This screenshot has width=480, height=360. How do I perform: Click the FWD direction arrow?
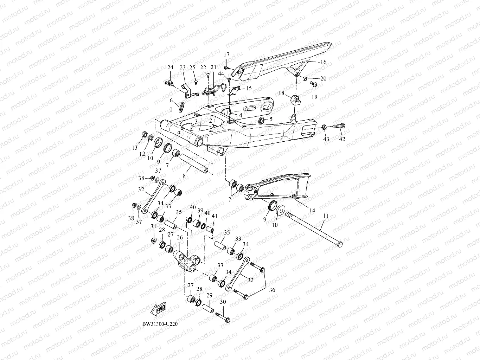(x=159, y=307)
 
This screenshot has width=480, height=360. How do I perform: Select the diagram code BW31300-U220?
(x=158, y=324)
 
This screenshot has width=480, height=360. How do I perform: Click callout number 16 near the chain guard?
(x=324, y=62)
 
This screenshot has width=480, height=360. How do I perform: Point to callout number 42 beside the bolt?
(x=342, y=139)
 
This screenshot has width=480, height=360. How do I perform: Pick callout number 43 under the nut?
(x=326, y=139)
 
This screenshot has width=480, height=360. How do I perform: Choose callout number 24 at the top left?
(x=170, y=67)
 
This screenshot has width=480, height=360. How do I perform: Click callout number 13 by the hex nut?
(x=135, y=148)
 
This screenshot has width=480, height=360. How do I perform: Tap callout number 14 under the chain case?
(x=312, y=211)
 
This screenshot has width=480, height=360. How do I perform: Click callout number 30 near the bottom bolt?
(x=223, y=302)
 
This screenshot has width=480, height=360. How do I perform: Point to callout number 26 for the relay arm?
(x=180, y=238)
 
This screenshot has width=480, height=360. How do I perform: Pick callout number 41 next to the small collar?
(x=215, y=216)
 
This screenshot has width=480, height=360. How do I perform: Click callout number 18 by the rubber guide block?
(x=282, y=93)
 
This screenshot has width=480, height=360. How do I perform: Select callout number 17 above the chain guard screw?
(x=226, y=54)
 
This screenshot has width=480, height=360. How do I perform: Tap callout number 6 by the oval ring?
(x=171, y=101)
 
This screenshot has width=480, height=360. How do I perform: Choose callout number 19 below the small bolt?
(x=314, y=97)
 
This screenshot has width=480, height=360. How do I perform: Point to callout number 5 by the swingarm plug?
(x=271, y=120)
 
